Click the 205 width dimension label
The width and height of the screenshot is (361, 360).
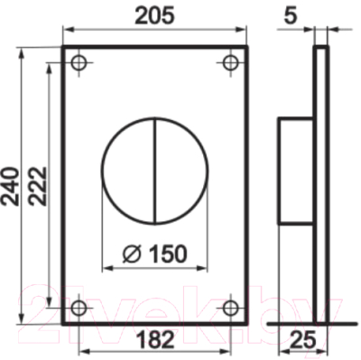coord(154,15)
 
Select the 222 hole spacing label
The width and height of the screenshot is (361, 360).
coord(38,186)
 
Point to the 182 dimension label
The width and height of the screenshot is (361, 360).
coord(155,339)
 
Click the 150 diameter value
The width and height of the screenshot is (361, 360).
coord(168,254)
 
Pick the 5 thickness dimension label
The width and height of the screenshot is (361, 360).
coord(291,15)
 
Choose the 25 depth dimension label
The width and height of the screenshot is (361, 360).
coord(303,339)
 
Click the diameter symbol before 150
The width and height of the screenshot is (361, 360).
coord(132,254)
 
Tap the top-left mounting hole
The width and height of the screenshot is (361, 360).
coord(79,63)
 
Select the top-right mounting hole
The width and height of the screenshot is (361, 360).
coord(230,63)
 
